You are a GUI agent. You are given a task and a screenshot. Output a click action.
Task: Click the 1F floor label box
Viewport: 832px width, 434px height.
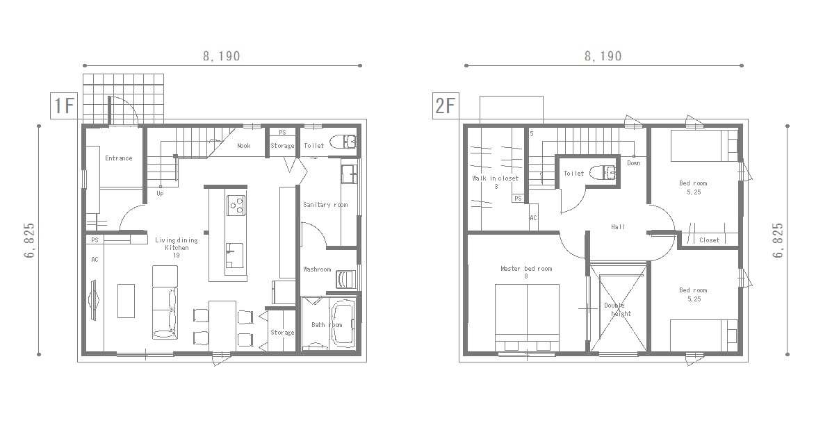pos(64,106)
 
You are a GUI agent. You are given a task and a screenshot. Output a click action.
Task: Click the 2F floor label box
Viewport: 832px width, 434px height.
pos(445,106)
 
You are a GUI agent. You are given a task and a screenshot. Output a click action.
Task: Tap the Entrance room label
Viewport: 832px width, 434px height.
pos(118,158)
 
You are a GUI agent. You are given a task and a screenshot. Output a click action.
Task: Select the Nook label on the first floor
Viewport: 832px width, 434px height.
pos(243,145)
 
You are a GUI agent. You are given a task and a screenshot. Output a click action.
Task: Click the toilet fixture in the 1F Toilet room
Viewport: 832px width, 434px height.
pos(344,142)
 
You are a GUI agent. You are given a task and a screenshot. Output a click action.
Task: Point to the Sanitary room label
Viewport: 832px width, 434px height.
pos(325,205)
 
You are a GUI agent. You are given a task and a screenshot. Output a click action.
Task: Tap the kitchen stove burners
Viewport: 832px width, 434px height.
pos(236,205)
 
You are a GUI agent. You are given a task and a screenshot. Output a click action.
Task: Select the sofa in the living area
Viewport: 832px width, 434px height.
pos(165,303)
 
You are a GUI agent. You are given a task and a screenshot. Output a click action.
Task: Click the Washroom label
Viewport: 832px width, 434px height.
pos(317,269)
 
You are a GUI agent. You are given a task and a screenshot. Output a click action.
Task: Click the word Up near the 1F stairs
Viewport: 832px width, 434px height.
pos(161,194)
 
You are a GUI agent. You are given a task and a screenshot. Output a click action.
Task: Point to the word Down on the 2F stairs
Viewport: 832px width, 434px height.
pos(633,162)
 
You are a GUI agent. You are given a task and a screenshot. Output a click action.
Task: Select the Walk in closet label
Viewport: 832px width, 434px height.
pos(495,178)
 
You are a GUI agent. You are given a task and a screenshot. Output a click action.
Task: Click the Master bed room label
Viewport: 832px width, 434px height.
pos(526,269)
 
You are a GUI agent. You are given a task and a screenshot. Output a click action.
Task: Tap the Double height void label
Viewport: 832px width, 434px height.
pos(617,310)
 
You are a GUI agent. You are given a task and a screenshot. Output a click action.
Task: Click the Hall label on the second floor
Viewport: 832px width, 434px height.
pos(618,227)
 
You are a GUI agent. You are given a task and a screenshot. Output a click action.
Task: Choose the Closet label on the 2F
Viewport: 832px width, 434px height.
pos(709,240)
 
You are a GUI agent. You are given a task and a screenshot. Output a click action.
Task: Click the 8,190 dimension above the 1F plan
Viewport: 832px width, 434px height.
pos(222,56)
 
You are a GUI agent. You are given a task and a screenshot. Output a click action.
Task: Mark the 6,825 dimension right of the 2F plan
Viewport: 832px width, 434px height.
pos(778,240)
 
